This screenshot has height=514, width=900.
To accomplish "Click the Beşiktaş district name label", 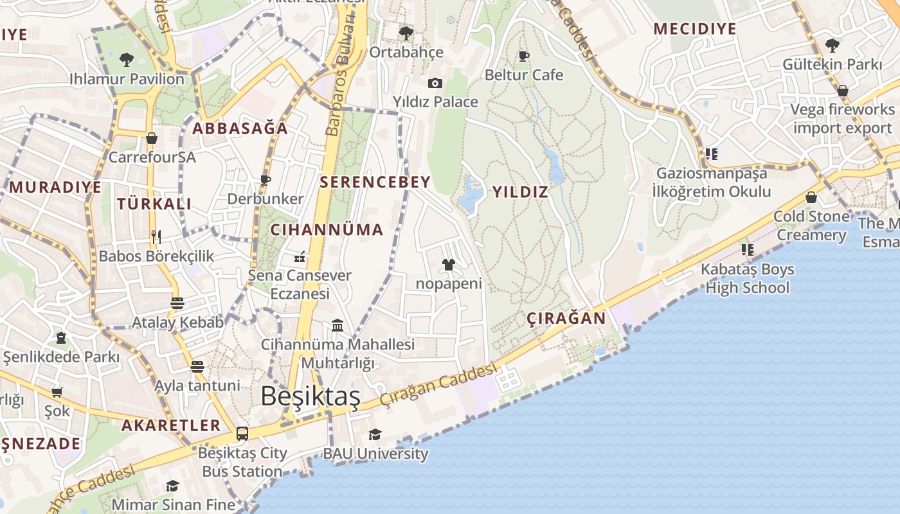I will click(x=310, y=396).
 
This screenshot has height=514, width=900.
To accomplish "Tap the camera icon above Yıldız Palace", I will click(x=435, y=84).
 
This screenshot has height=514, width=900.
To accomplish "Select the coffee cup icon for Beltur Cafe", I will click(x=524, y=56).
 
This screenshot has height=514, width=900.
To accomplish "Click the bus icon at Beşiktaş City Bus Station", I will click(x=242, y=434).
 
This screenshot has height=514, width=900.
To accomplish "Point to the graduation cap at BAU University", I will click(x=375, y=435).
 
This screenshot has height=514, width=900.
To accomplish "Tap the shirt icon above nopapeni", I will click(x=448, y=265).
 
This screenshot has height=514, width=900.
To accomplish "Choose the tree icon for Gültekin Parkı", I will click(x=833, y=46).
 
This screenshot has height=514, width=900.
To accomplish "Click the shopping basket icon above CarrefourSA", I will click(x=152, y=138).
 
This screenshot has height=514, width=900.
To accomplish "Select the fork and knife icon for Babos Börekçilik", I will click(x=156, y=237).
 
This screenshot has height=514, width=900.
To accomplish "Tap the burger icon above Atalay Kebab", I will click(x=177, y=303).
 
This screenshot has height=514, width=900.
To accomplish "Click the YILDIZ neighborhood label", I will click(x=520, y=191).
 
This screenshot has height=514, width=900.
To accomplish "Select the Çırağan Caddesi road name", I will click(x=438, y=384).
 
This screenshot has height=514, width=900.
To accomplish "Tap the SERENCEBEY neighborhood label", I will click(x=375, y=182).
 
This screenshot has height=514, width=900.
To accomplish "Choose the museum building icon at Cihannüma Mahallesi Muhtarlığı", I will click(x=337, y=326).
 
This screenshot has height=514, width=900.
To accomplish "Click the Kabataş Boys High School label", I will click(x=747, y=278).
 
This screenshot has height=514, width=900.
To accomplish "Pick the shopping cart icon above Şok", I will click(x=57, y=392).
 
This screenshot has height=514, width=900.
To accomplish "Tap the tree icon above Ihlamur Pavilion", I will click(x=127, y=60).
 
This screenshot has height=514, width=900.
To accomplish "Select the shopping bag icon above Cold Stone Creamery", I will click(x=811, y=197).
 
